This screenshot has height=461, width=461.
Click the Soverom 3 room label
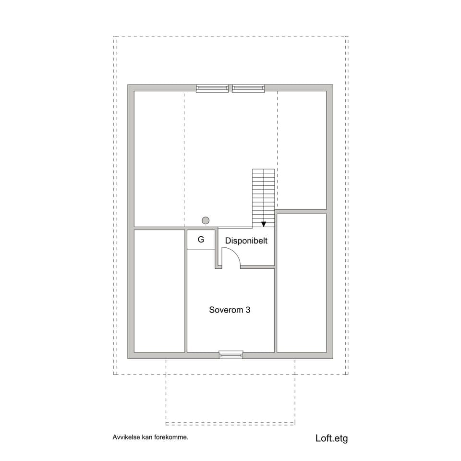point(230,310)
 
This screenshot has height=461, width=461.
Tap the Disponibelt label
point(246,241)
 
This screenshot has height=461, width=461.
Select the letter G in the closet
point(201,240)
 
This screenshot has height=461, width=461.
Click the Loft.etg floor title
point(331,438)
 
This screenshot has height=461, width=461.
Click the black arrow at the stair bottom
point(264,224)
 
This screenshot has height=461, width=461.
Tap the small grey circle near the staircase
point(206,220)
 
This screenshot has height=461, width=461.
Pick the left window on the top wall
point(212,88)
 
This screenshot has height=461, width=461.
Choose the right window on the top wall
point(248,88)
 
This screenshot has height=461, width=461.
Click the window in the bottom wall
point(231,355)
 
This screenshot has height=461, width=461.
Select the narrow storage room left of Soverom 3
point(159,291)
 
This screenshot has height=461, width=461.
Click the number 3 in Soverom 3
point(248,310)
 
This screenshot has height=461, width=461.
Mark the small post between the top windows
point(230,88)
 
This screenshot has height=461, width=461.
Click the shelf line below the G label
point(201,249)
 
